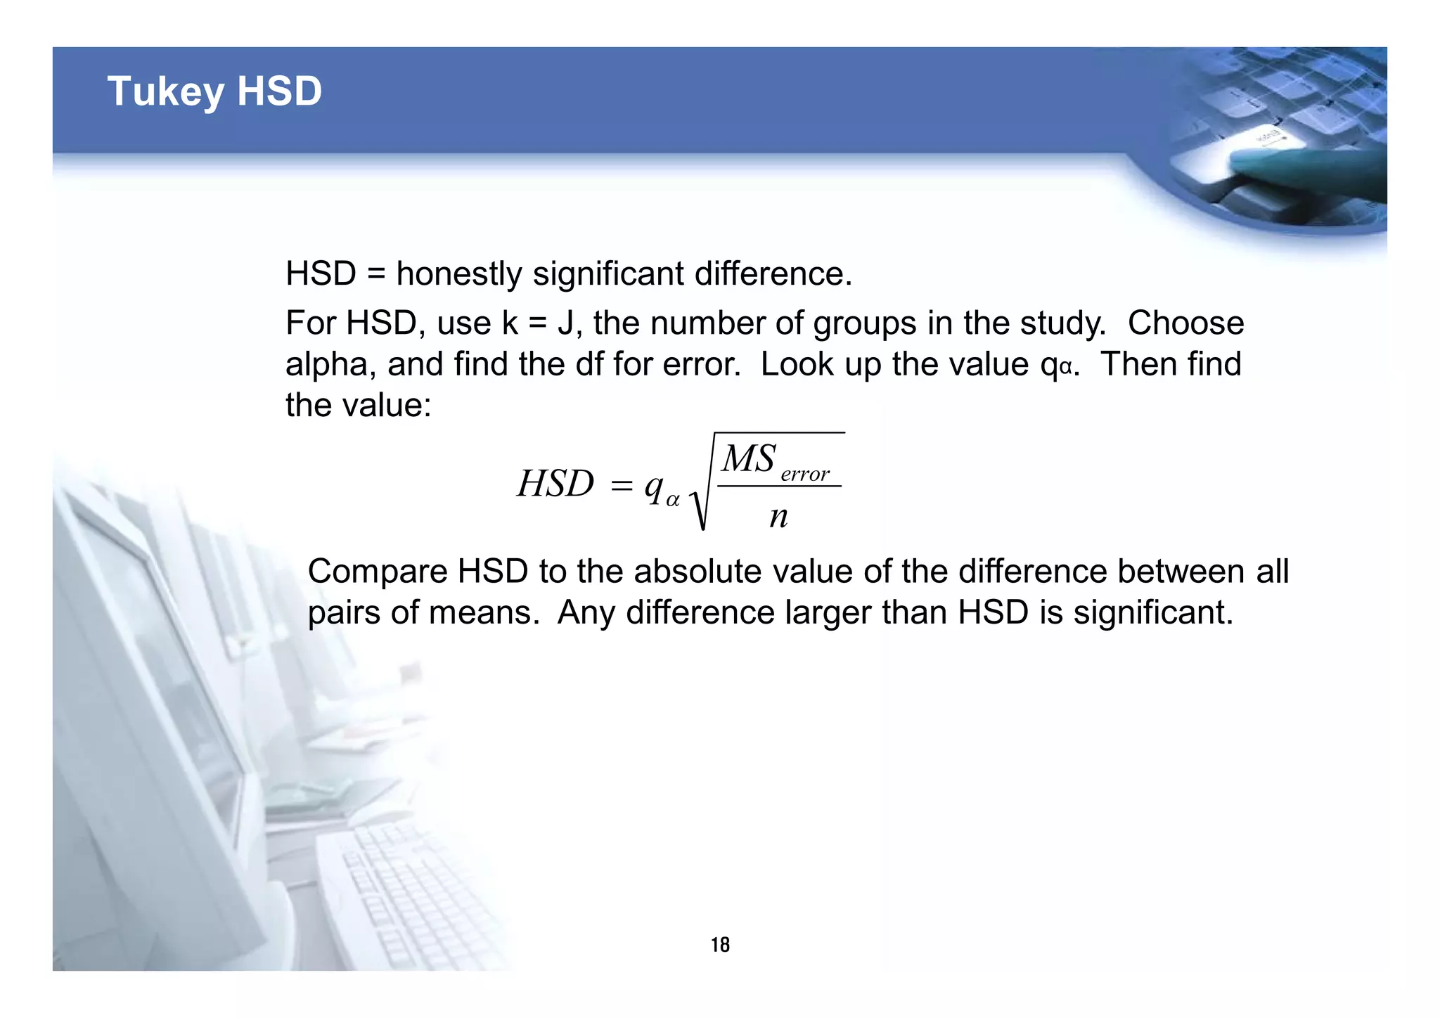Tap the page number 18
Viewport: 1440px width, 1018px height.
[x=720, y=944]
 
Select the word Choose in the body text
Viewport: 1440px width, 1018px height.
[x=1185, y=323]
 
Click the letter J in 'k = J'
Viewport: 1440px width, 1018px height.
[x=565, y=323]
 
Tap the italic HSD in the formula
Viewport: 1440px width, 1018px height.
[x=555, y=484]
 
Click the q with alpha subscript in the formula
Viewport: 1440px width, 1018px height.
[x=660, y=487]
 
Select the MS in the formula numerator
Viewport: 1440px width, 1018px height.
[x=748, y=458]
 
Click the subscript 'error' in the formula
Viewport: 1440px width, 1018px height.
[x=805, y=475]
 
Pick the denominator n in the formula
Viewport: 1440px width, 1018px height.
[x=778, y=517]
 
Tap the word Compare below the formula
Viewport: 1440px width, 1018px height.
[x=378, y=571]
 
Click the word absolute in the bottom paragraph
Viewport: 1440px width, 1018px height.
[x=703, y=571]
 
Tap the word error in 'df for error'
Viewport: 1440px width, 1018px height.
[x=697, y=364]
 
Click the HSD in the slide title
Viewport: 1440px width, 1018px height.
[x=279, y=92]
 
